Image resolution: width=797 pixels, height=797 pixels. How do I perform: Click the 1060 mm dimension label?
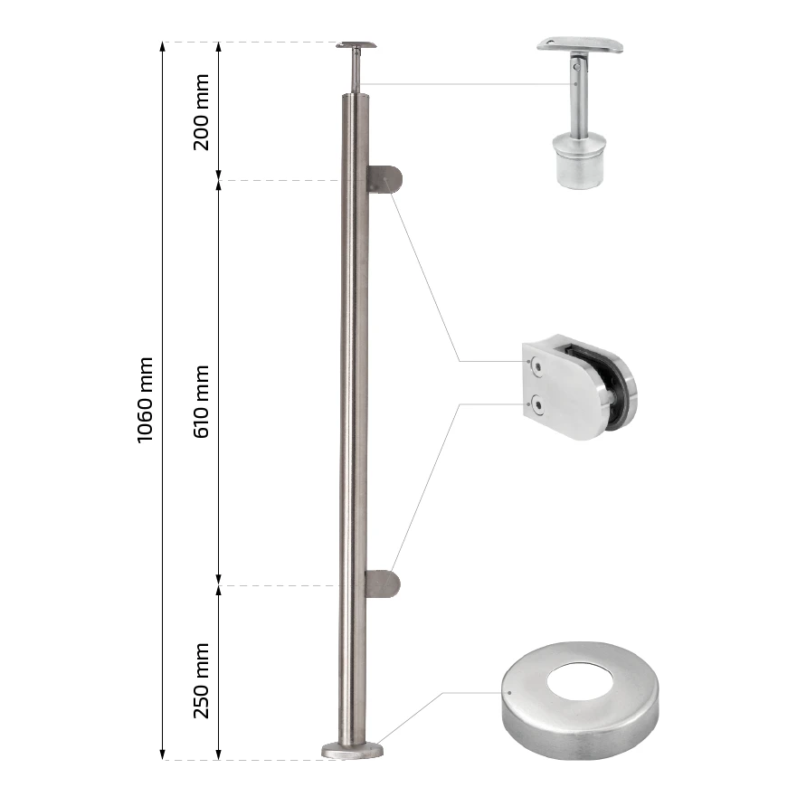tap(146, 400)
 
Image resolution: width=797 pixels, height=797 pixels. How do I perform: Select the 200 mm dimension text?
tap(201, 112)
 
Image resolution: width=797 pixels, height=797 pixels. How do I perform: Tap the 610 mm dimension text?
tap(201, 402)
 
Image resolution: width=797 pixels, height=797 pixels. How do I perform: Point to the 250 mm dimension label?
tap(201, 681)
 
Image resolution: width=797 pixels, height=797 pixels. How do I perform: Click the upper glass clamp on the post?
tap(384, 179)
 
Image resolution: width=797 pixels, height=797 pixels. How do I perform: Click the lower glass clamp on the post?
tap(383, 584)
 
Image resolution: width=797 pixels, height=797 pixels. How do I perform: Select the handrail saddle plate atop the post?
tap(356, 45)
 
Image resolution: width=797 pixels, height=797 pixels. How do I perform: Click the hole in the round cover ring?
tap(580, 681)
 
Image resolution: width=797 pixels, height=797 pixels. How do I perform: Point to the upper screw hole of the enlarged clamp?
tap(536, 366)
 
